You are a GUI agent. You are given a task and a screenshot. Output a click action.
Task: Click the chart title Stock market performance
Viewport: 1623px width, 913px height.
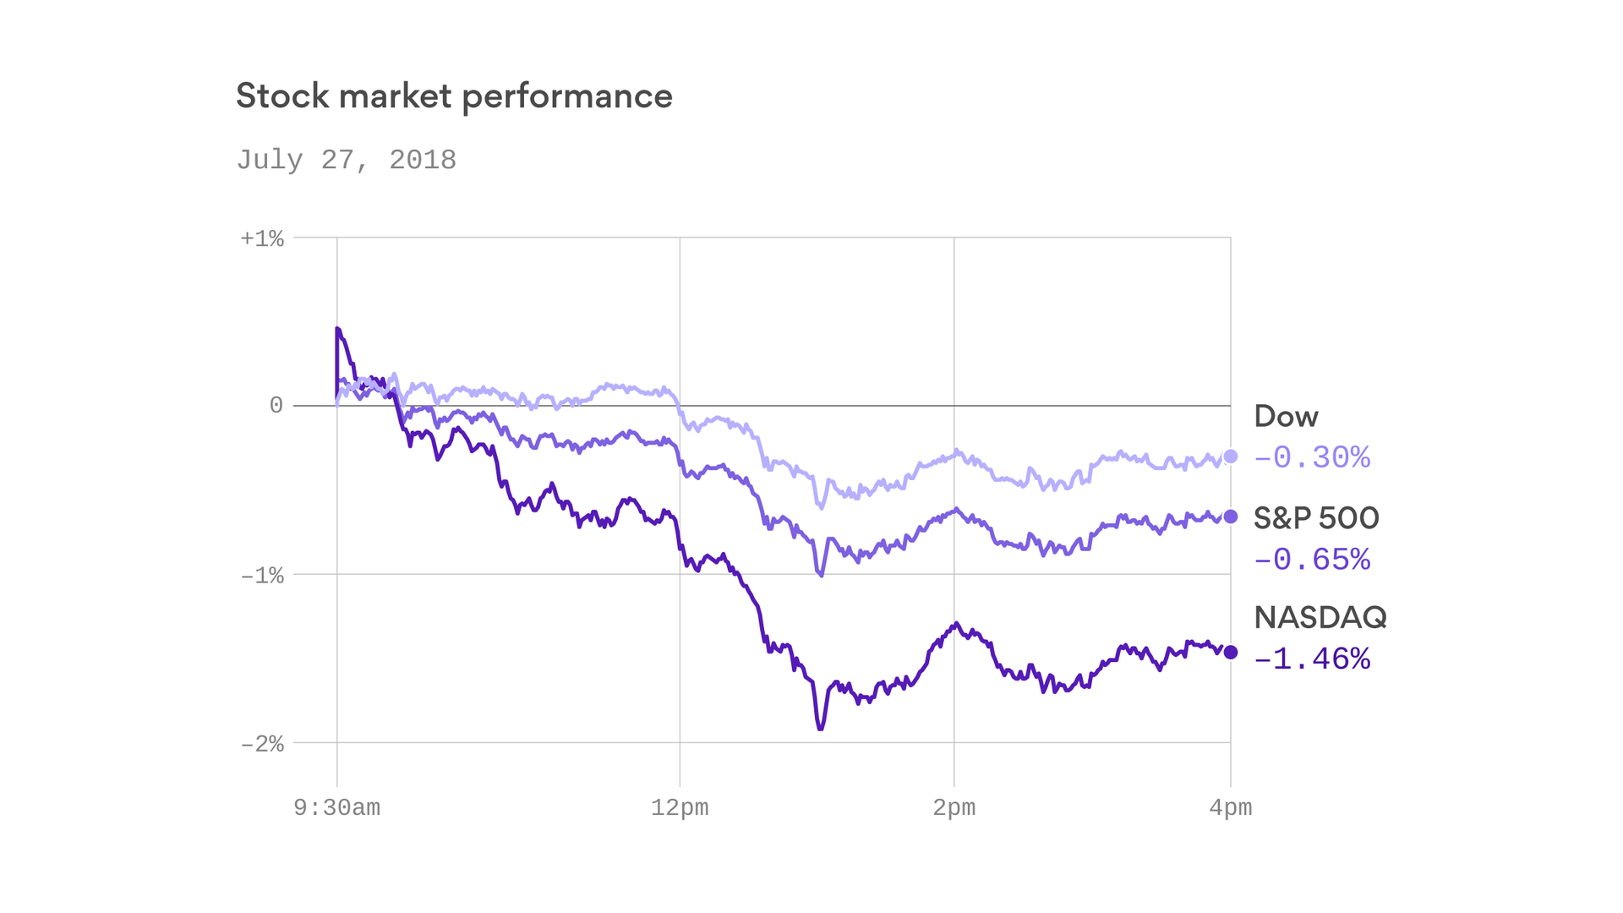[x=454, y=96]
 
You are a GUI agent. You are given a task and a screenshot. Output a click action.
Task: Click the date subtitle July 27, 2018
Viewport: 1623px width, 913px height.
[x=346, y=160]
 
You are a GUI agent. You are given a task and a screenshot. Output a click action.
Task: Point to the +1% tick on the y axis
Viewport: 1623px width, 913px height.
[x=262, y=238]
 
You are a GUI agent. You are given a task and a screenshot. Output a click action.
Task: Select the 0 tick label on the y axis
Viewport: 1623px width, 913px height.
[x=276, y=406]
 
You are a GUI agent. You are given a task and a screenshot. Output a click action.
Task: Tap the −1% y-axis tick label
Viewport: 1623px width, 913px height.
[x=262, y=576]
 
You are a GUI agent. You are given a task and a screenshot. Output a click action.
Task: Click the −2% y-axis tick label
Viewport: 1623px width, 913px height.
[x=262, y=744]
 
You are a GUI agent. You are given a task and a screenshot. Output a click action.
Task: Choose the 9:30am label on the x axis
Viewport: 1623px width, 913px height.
[x=336, y=808]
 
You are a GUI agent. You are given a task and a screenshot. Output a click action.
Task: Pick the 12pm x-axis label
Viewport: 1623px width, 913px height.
[x=680, y=808]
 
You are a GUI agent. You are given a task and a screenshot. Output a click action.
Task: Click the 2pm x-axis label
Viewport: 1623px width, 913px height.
[x=954, y=808]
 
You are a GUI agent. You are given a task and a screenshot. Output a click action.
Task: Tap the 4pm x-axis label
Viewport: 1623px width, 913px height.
[x=1230, y=808]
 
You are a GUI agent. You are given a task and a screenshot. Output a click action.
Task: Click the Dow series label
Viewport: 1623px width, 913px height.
[x=1286, y=417]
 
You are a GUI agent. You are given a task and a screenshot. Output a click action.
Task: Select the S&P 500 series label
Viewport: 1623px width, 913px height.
[x=1316, y=518]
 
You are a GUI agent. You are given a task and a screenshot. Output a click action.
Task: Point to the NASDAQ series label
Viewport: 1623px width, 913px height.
[x=1320, y=618]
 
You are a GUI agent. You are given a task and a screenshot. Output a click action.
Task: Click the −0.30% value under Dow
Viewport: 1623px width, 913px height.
[x=1311, y=458]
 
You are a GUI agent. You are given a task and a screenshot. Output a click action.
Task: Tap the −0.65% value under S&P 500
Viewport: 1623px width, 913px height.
[x=1311, y=560]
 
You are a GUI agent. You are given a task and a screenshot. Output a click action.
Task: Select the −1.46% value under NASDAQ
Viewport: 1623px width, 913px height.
[x=1311, y=659]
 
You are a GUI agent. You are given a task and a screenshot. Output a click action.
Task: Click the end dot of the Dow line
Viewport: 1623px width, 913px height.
[x=1231, y=456]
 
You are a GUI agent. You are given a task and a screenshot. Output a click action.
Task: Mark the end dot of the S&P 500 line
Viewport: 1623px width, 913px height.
[x=1231, y=517]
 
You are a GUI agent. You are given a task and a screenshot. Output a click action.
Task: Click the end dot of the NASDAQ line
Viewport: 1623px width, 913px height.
[x=1231, y=652]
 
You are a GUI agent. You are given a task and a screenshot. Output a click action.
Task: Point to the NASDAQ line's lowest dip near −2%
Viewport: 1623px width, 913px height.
[x=820, y=727]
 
